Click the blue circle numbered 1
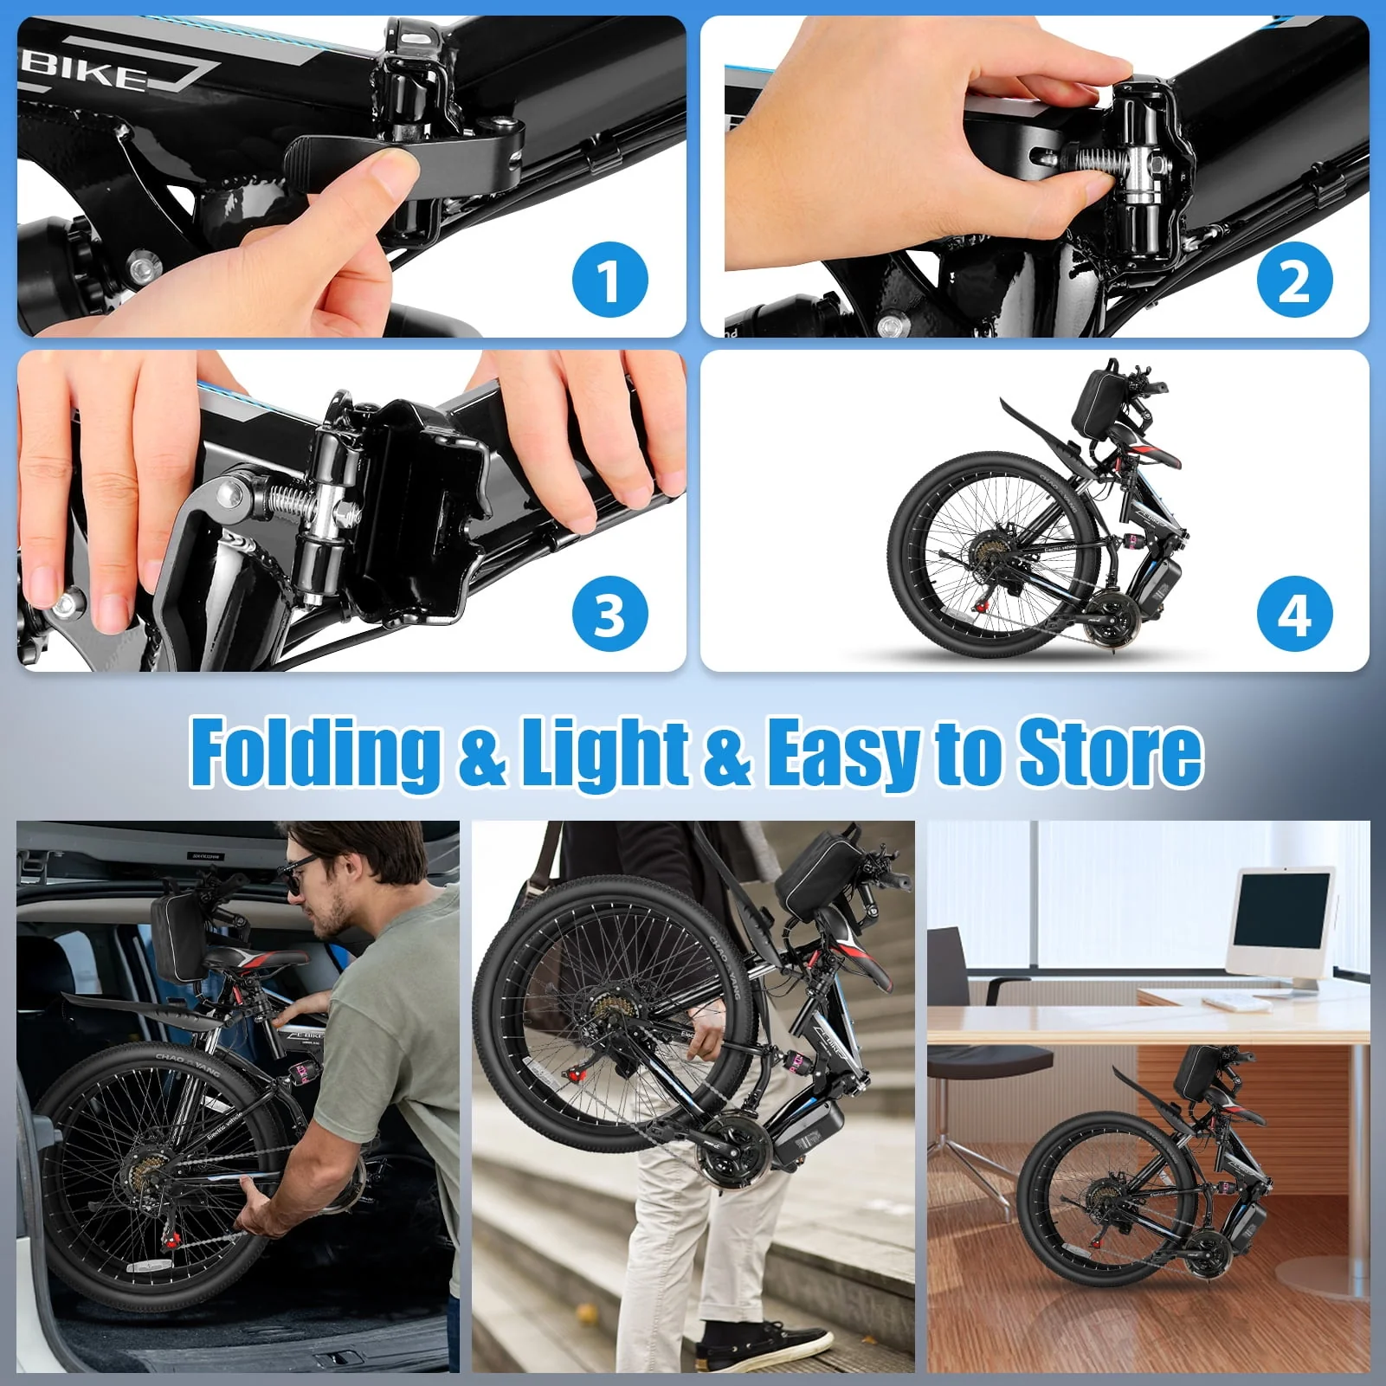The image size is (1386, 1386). tap(609, 280)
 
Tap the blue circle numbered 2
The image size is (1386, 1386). tap(1293, 280)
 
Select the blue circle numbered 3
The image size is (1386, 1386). tap(609, 614)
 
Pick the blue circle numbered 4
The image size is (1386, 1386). tap(1293, 614)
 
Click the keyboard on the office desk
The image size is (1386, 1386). tap(1233, 1002)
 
